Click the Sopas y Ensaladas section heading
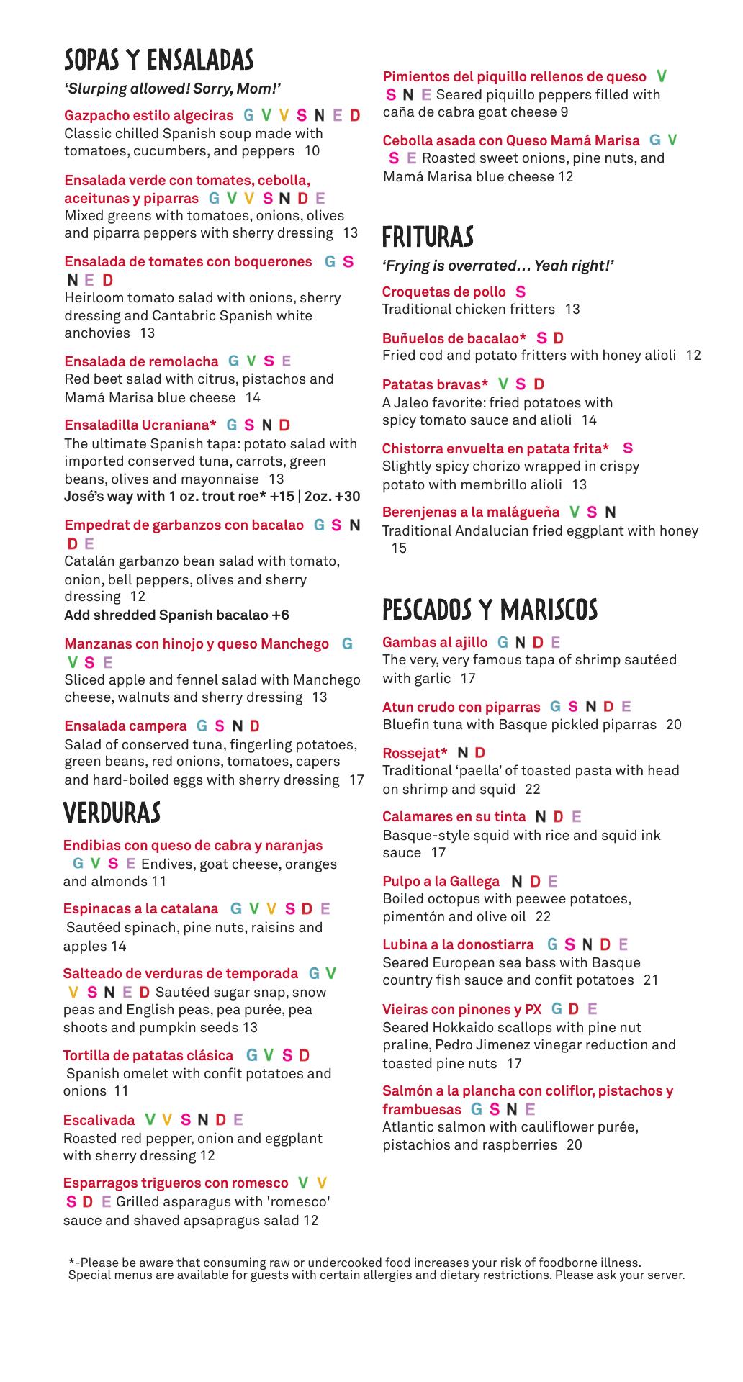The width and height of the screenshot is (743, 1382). pyautogui.click(x=158, y=60)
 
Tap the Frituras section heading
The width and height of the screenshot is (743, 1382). pyautogui.click(x=428, y=237)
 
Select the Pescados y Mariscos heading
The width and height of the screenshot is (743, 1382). pyautogui.click(x=490, y=610)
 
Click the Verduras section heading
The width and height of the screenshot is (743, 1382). pyautogui.click(x=112, y=813)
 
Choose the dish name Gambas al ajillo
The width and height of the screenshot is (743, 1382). pyautogui.click(x=435, y=642)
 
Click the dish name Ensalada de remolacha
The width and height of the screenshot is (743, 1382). pyautogui.click(x=141, y=361)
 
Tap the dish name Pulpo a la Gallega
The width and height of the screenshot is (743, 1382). pyautogui.click(x=441, y=881)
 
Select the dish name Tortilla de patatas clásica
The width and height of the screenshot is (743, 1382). pyautogui.click(x=148, y=1055)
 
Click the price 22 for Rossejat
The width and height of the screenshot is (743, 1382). pyautogui.click(x=532, y=789)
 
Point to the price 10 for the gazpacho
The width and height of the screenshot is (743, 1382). pyautogui.click(x=312, y=151)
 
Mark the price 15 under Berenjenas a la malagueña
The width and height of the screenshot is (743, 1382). pyautogui.click(x=399, y=548)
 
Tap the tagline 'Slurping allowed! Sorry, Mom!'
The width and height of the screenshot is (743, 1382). pyautogui.click(x=172, y=89)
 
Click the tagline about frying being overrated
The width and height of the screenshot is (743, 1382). pyautogui.click(x=498, y=266)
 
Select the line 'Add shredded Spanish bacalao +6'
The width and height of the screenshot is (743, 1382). pyautogui.click(x=176, y=615)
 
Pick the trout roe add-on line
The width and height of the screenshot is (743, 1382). pyautogui.click(x=212, y=497)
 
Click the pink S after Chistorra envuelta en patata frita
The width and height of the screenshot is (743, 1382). pyautogui.click(x=628, y=448)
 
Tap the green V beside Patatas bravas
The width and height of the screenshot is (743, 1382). pyautogui.click(x=503, y=384)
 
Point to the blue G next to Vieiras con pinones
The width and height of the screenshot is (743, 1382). pyautogui.click(x=557, y=1009)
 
